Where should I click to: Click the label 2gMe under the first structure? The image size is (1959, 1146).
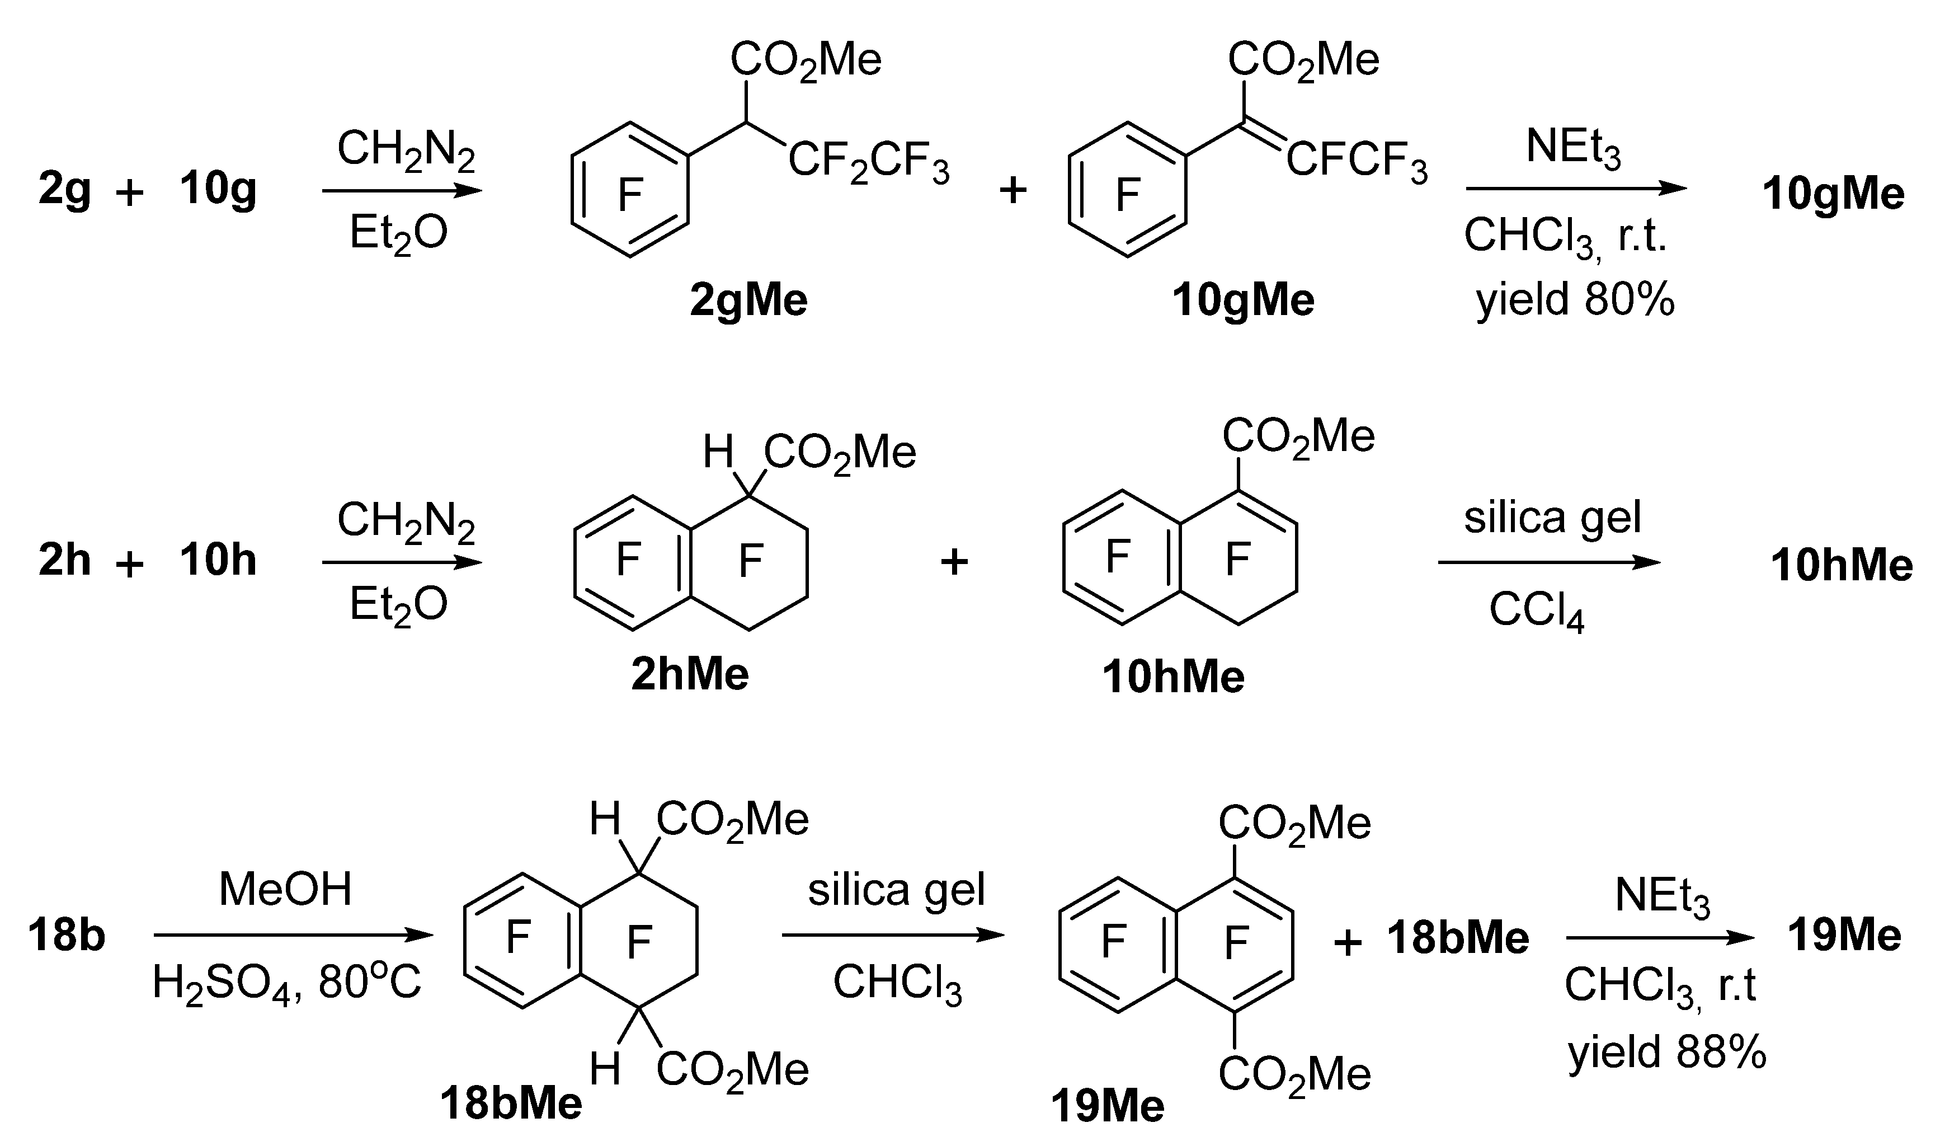click(x=748, y=300)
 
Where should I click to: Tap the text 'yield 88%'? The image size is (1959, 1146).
click(x=1666, y=1052)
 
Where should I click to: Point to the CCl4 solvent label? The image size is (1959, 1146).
click(x=1536, y=611)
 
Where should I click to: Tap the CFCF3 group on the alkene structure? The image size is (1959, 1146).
click(x=1357, y=162)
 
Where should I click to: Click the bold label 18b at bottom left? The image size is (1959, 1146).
click(x=67, y=935)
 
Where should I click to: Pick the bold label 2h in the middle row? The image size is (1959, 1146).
click(x=64, y=561)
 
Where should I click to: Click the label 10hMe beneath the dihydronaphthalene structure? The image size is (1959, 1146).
click(x=1173, y=677)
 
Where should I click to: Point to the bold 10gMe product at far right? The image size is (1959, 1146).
click(x=1833, y=194)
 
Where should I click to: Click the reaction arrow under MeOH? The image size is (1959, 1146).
click(x=293, y=935)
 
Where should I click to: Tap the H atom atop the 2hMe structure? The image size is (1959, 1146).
click(x=718, y=452)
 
